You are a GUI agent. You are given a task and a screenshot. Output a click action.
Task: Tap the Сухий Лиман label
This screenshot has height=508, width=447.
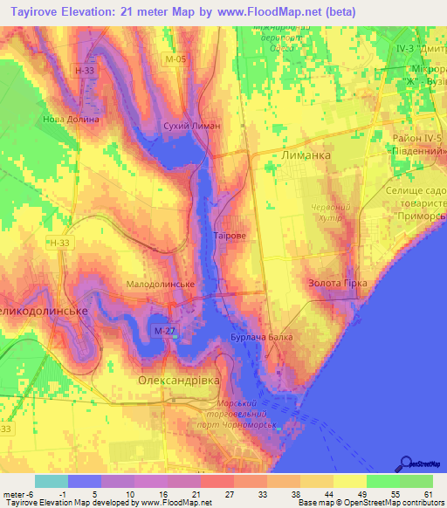(x=192, y=127)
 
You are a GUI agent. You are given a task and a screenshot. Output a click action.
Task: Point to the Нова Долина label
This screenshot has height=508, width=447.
(x=71, y=119)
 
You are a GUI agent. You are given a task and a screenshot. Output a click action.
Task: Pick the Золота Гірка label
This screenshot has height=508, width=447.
(x=338, y=284)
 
